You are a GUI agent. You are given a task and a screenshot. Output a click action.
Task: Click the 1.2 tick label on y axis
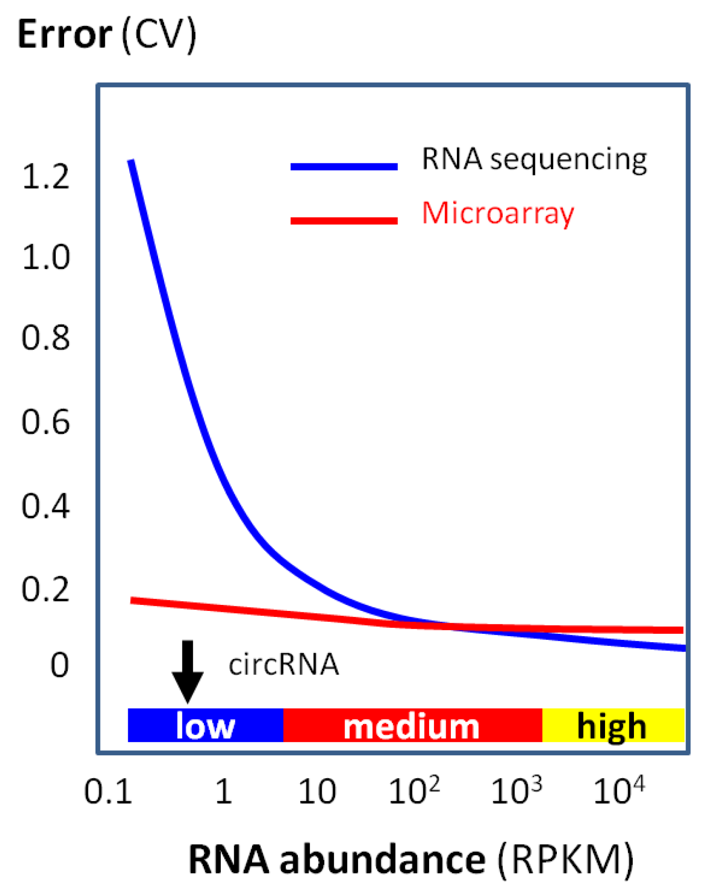[x=46, y=177]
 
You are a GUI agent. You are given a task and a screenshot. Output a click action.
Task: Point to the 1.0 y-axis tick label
[x=46, y=258]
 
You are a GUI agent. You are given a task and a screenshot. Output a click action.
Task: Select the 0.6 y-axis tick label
[x=46, y=422]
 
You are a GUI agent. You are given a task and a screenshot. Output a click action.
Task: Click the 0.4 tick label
[x=46, y=506]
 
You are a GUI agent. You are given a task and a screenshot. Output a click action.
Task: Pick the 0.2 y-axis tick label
[x=46, y=589]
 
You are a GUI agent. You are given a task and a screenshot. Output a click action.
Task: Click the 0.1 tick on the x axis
[x=108, y=792]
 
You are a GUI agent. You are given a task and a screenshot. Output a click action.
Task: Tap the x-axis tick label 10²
[x=414, y=791]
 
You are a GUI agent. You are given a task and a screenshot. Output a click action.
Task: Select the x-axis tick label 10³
[x=516, y=791]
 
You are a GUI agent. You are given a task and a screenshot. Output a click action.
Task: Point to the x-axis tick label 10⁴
[x=619, y=791]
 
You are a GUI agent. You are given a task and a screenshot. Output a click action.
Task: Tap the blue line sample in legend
[x=344, y=166]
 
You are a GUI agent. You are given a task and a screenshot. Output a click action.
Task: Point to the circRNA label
[x=283, y=665]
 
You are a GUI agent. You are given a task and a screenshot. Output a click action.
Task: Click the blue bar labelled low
[x=205, y=726]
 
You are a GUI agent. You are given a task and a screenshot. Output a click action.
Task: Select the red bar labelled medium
[x=412, y=726]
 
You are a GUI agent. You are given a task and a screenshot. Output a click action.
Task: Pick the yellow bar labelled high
[x=613, y=726]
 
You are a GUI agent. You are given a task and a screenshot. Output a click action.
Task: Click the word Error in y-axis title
[x=65, y=35]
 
